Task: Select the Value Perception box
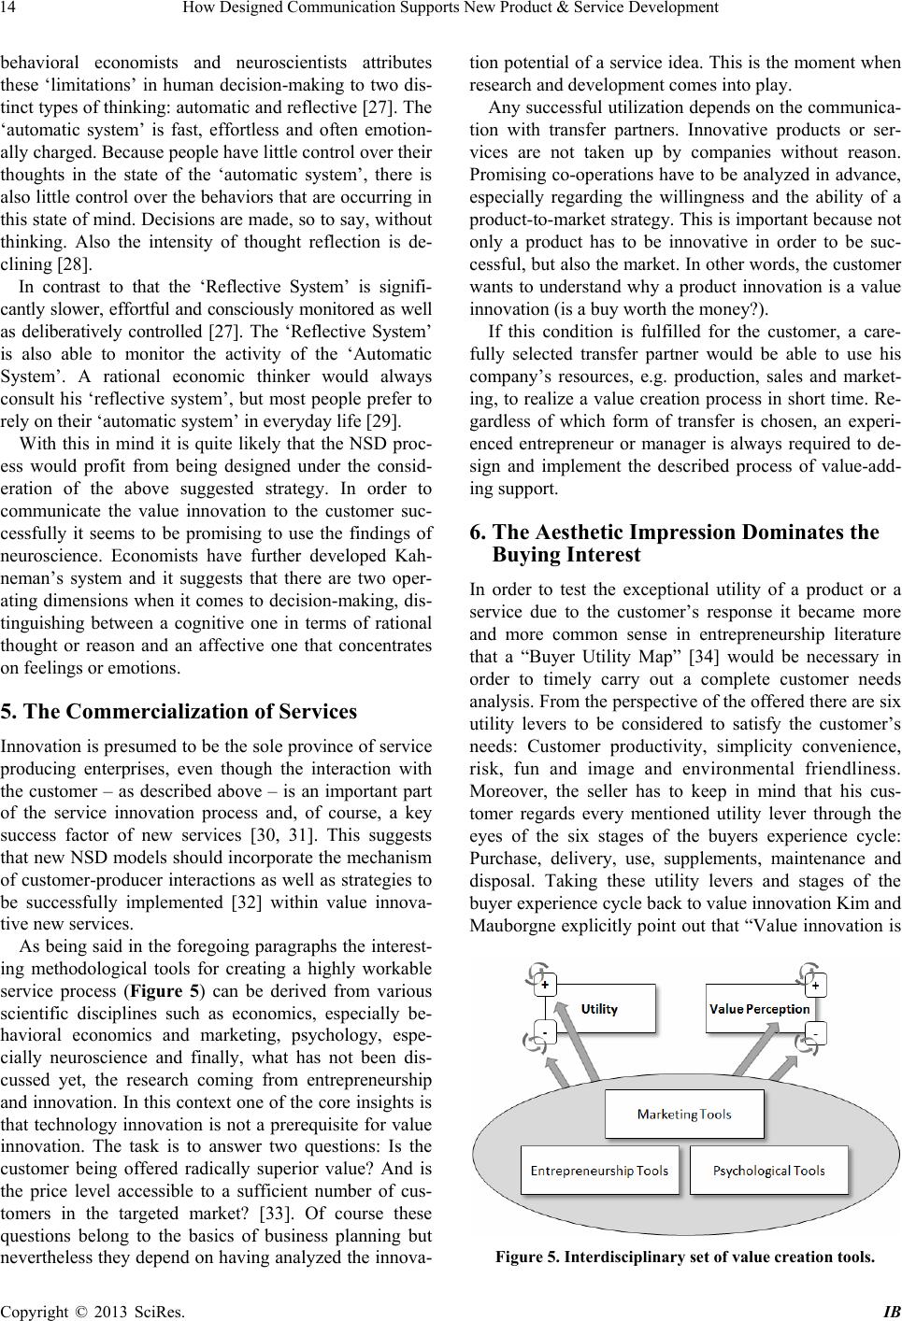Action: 760,1008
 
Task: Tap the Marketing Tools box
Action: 683,1114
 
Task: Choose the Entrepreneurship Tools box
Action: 599,1171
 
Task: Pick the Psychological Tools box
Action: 768,1171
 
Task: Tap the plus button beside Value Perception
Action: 816,985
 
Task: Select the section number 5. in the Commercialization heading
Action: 10,686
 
